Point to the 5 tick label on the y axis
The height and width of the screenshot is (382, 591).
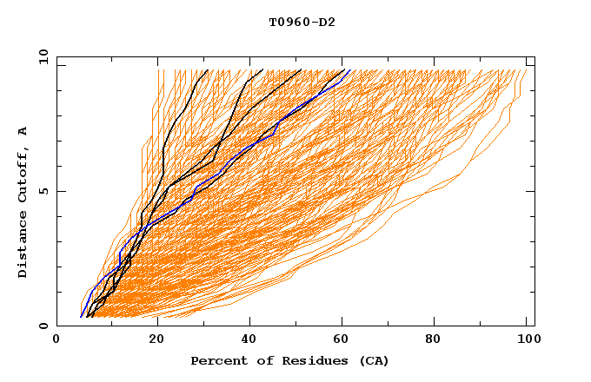[x=43, y=191]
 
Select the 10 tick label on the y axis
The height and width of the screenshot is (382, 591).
[x=40, y=56]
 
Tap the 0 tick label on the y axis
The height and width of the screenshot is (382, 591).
[x=43, y=326]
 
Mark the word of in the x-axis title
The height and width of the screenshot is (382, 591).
[x=262, y=360]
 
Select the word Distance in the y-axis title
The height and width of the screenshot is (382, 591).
[x=23, y=244]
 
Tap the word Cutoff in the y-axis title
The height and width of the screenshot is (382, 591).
[x=23, y=175]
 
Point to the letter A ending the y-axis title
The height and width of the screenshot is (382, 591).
[x=23, y=131]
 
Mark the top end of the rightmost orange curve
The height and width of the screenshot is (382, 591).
[x=528, y=71]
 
